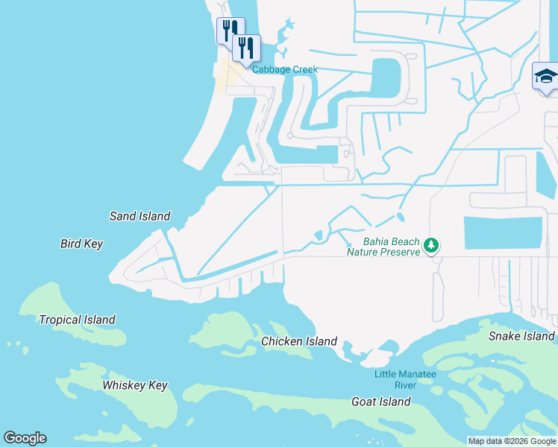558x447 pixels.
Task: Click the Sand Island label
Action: click(x=139, y=217)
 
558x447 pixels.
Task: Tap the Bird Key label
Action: click(x=81, y=244)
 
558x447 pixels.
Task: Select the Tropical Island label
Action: click(x=78, y=320)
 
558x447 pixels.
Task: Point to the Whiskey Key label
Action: click(x=135, y=385)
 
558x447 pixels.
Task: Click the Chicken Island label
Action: click(x=298, y=341)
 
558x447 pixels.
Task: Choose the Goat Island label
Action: click(x=380, y=402)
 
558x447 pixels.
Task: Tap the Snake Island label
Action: click(x=521, y=336)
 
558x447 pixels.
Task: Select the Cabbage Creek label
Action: click(x=284, y=69)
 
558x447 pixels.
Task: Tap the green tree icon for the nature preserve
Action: click(x=430, y=244)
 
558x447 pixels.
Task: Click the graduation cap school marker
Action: click(x=545, y=76)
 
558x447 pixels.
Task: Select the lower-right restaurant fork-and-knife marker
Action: click(x=246, y=48)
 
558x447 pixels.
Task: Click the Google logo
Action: click(x=25, y=438)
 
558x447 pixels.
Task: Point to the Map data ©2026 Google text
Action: click(x=512, y=441)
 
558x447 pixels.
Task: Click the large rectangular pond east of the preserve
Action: click(x=503, y=232)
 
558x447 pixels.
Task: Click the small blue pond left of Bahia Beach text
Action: click(x=319, y=236)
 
